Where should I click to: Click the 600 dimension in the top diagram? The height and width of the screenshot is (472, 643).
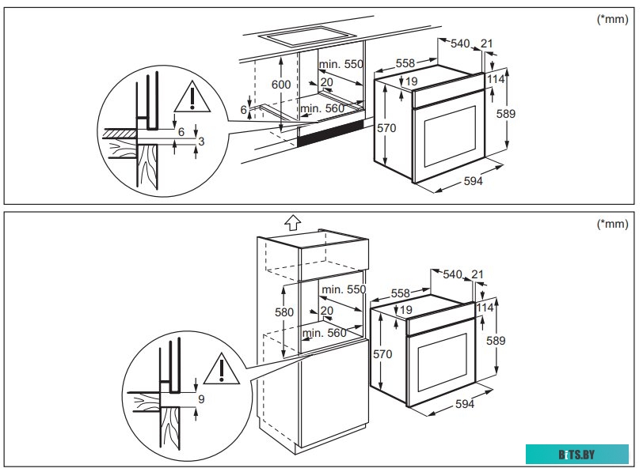click(x=282, y=85)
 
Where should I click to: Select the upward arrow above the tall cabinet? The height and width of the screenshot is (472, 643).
click(x=291, y=223)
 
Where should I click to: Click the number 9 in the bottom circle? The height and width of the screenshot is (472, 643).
click(x=201, y=399)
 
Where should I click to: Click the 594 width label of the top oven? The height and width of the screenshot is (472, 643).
click(x=473, y=181)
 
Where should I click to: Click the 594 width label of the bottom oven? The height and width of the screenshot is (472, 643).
click(x=465, y=405)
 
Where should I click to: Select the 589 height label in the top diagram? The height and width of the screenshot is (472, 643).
click(x=505, y=114)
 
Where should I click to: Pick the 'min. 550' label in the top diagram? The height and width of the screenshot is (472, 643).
click(x=341, y=62)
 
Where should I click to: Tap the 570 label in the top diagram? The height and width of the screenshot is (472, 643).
click(x=386, y=128)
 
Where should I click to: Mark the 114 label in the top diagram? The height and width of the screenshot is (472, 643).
click(x=496, y=79)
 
